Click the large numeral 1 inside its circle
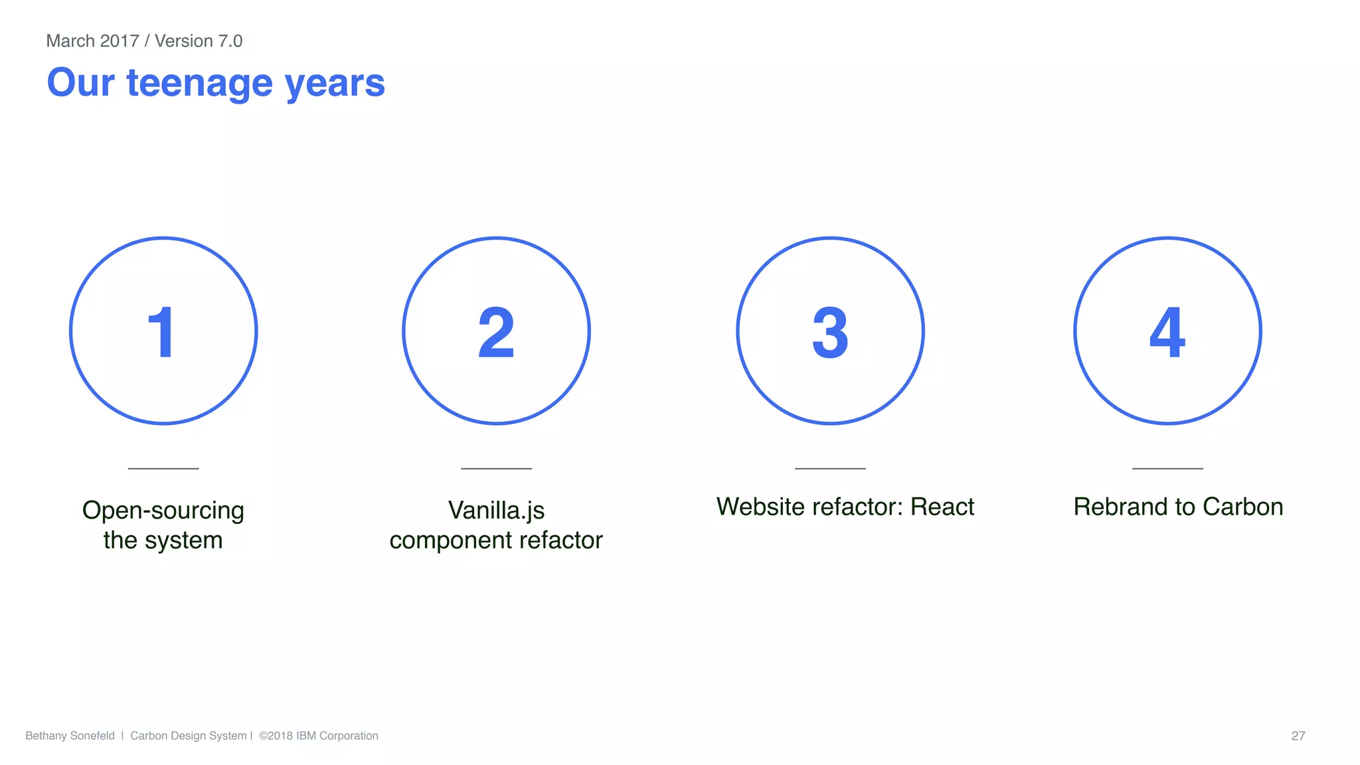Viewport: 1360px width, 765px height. click(161, 332)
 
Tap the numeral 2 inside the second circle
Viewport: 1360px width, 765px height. click(496, 332)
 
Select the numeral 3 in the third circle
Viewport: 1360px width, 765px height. click(830, 332)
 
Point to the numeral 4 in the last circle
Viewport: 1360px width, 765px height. click(1167, 332)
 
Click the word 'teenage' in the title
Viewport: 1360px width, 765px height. click(199, 84)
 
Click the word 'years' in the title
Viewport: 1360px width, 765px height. click(335, 84)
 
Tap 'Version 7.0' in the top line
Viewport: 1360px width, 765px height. click(199, 41)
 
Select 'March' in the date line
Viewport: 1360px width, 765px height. click(70, 41)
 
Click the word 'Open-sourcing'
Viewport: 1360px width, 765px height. click(163, 510)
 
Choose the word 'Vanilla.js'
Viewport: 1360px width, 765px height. click(496, 510)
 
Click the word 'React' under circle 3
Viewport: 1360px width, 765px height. click(942, 507)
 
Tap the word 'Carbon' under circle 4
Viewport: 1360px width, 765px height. click(1243, 507)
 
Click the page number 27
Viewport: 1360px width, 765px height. click(1298, 736)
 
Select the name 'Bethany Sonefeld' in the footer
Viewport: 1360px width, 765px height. click(70, 736)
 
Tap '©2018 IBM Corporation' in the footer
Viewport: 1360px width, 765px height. click(319, 736)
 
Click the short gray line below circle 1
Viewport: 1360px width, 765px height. click(163, 468)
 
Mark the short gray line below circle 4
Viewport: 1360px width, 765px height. click(1167, 468)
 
